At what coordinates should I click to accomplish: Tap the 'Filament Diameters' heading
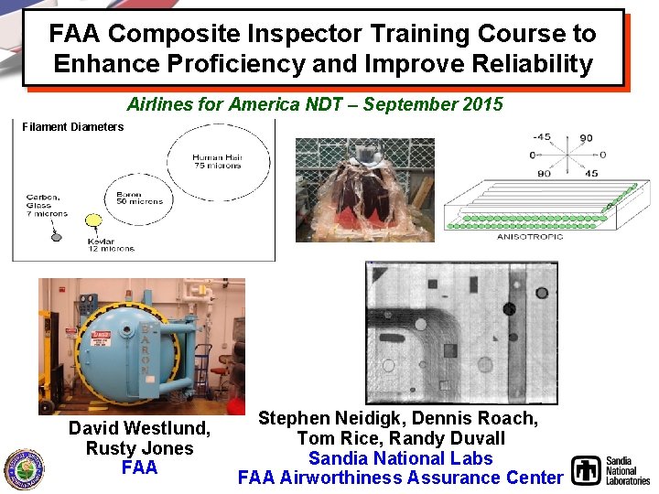point(72,127)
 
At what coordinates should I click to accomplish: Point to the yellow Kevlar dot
point(92,220)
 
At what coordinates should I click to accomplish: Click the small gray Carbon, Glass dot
point(56,237)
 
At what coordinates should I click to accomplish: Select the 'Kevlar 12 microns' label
point(111,242)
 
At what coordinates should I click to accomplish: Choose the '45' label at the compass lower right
point(591,173)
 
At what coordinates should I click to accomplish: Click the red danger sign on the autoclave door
point(98,337)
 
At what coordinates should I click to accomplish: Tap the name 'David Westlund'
point(139,429)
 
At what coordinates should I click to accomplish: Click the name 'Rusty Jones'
point(139,448)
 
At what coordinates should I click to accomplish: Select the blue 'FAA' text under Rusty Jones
point(139,467)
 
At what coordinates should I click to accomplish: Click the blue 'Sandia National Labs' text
point(400,458)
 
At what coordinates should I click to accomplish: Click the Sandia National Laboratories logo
point(610,470)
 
